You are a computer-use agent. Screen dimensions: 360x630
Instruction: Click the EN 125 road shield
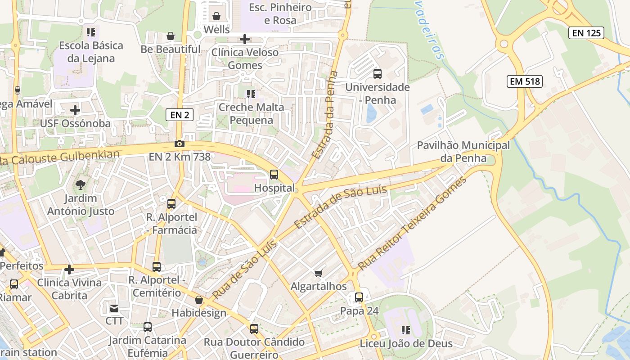pyautogui.click(x=586, y=32)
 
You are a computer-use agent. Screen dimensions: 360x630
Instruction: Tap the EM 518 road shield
pyautogui.click(x=524, y=81)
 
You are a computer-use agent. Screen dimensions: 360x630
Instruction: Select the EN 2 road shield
pyautogui.click(x=180, y=115)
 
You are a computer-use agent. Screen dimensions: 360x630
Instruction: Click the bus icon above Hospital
pyautogui.click(x=274, y=175)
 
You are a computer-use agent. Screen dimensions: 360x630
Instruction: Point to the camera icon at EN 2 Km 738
pyautogui.click(x=180, y=144)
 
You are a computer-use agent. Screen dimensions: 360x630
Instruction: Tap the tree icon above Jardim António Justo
pyautogui.click(x=81, y=184)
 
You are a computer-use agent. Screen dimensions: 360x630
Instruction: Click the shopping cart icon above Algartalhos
pyautogui.click(x=319, y=273)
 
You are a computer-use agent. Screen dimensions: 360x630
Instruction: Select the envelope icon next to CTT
pyautogui.click(x=114, y=308)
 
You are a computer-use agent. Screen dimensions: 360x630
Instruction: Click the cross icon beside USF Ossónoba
pyautogui.click(x=75, y=110)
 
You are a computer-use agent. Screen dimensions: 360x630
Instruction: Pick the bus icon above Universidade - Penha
pyautogui.click(x=377, y=74)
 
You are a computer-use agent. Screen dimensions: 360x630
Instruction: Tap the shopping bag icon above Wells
pyautogui.click(x=216, y=17)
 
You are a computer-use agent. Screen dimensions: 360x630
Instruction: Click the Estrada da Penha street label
pyautogui.click(x=325, y=115)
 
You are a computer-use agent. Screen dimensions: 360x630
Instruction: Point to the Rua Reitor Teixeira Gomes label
pyautogui.click(x=412, y=224)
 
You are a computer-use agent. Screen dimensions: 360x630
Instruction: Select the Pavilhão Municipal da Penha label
pyautogui.click(x=463, y=152)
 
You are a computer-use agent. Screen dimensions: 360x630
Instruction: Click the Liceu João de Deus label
pyautogui.click(x=406, y=344)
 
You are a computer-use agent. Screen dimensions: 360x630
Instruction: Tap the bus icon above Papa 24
pyautogui.click(x=359, y=297)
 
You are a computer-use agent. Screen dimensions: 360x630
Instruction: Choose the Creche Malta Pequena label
pyautogui.click(x=251, y=114)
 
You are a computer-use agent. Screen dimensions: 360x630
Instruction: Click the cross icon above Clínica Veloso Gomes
pyautogui.click(x=245, y=39)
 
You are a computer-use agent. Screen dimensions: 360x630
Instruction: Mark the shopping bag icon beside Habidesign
pyautogui.click(x=199, y=300)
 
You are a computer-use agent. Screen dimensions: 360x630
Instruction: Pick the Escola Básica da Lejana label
pyautogui.click(x=91, y=52)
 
